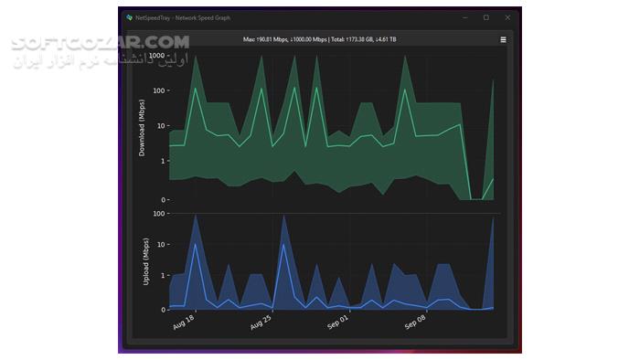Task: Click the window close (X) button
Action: point(507,17)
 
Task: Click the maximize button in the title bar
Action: point(485,17)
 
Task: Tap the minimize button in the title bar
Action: point(464,17)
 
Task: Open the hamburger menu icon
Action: point(503,40)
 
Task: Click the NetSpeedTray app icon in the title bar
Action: point(130,17)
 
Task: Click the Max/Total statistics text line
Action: point(319,40)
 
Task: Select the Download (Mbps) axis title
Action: point(142,133)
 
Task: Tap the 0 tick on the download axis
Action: point(165,199)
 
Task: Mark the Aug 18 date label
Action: point(184,323)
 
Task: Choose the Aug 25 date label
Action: point(261,323)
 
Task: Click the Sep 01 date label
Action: point(338,323)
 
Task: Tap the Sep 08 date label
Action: point(417,323)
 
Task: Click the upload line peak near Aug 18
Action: point(196,244)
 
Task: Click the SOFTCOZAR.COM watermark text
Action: point(100,42)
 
